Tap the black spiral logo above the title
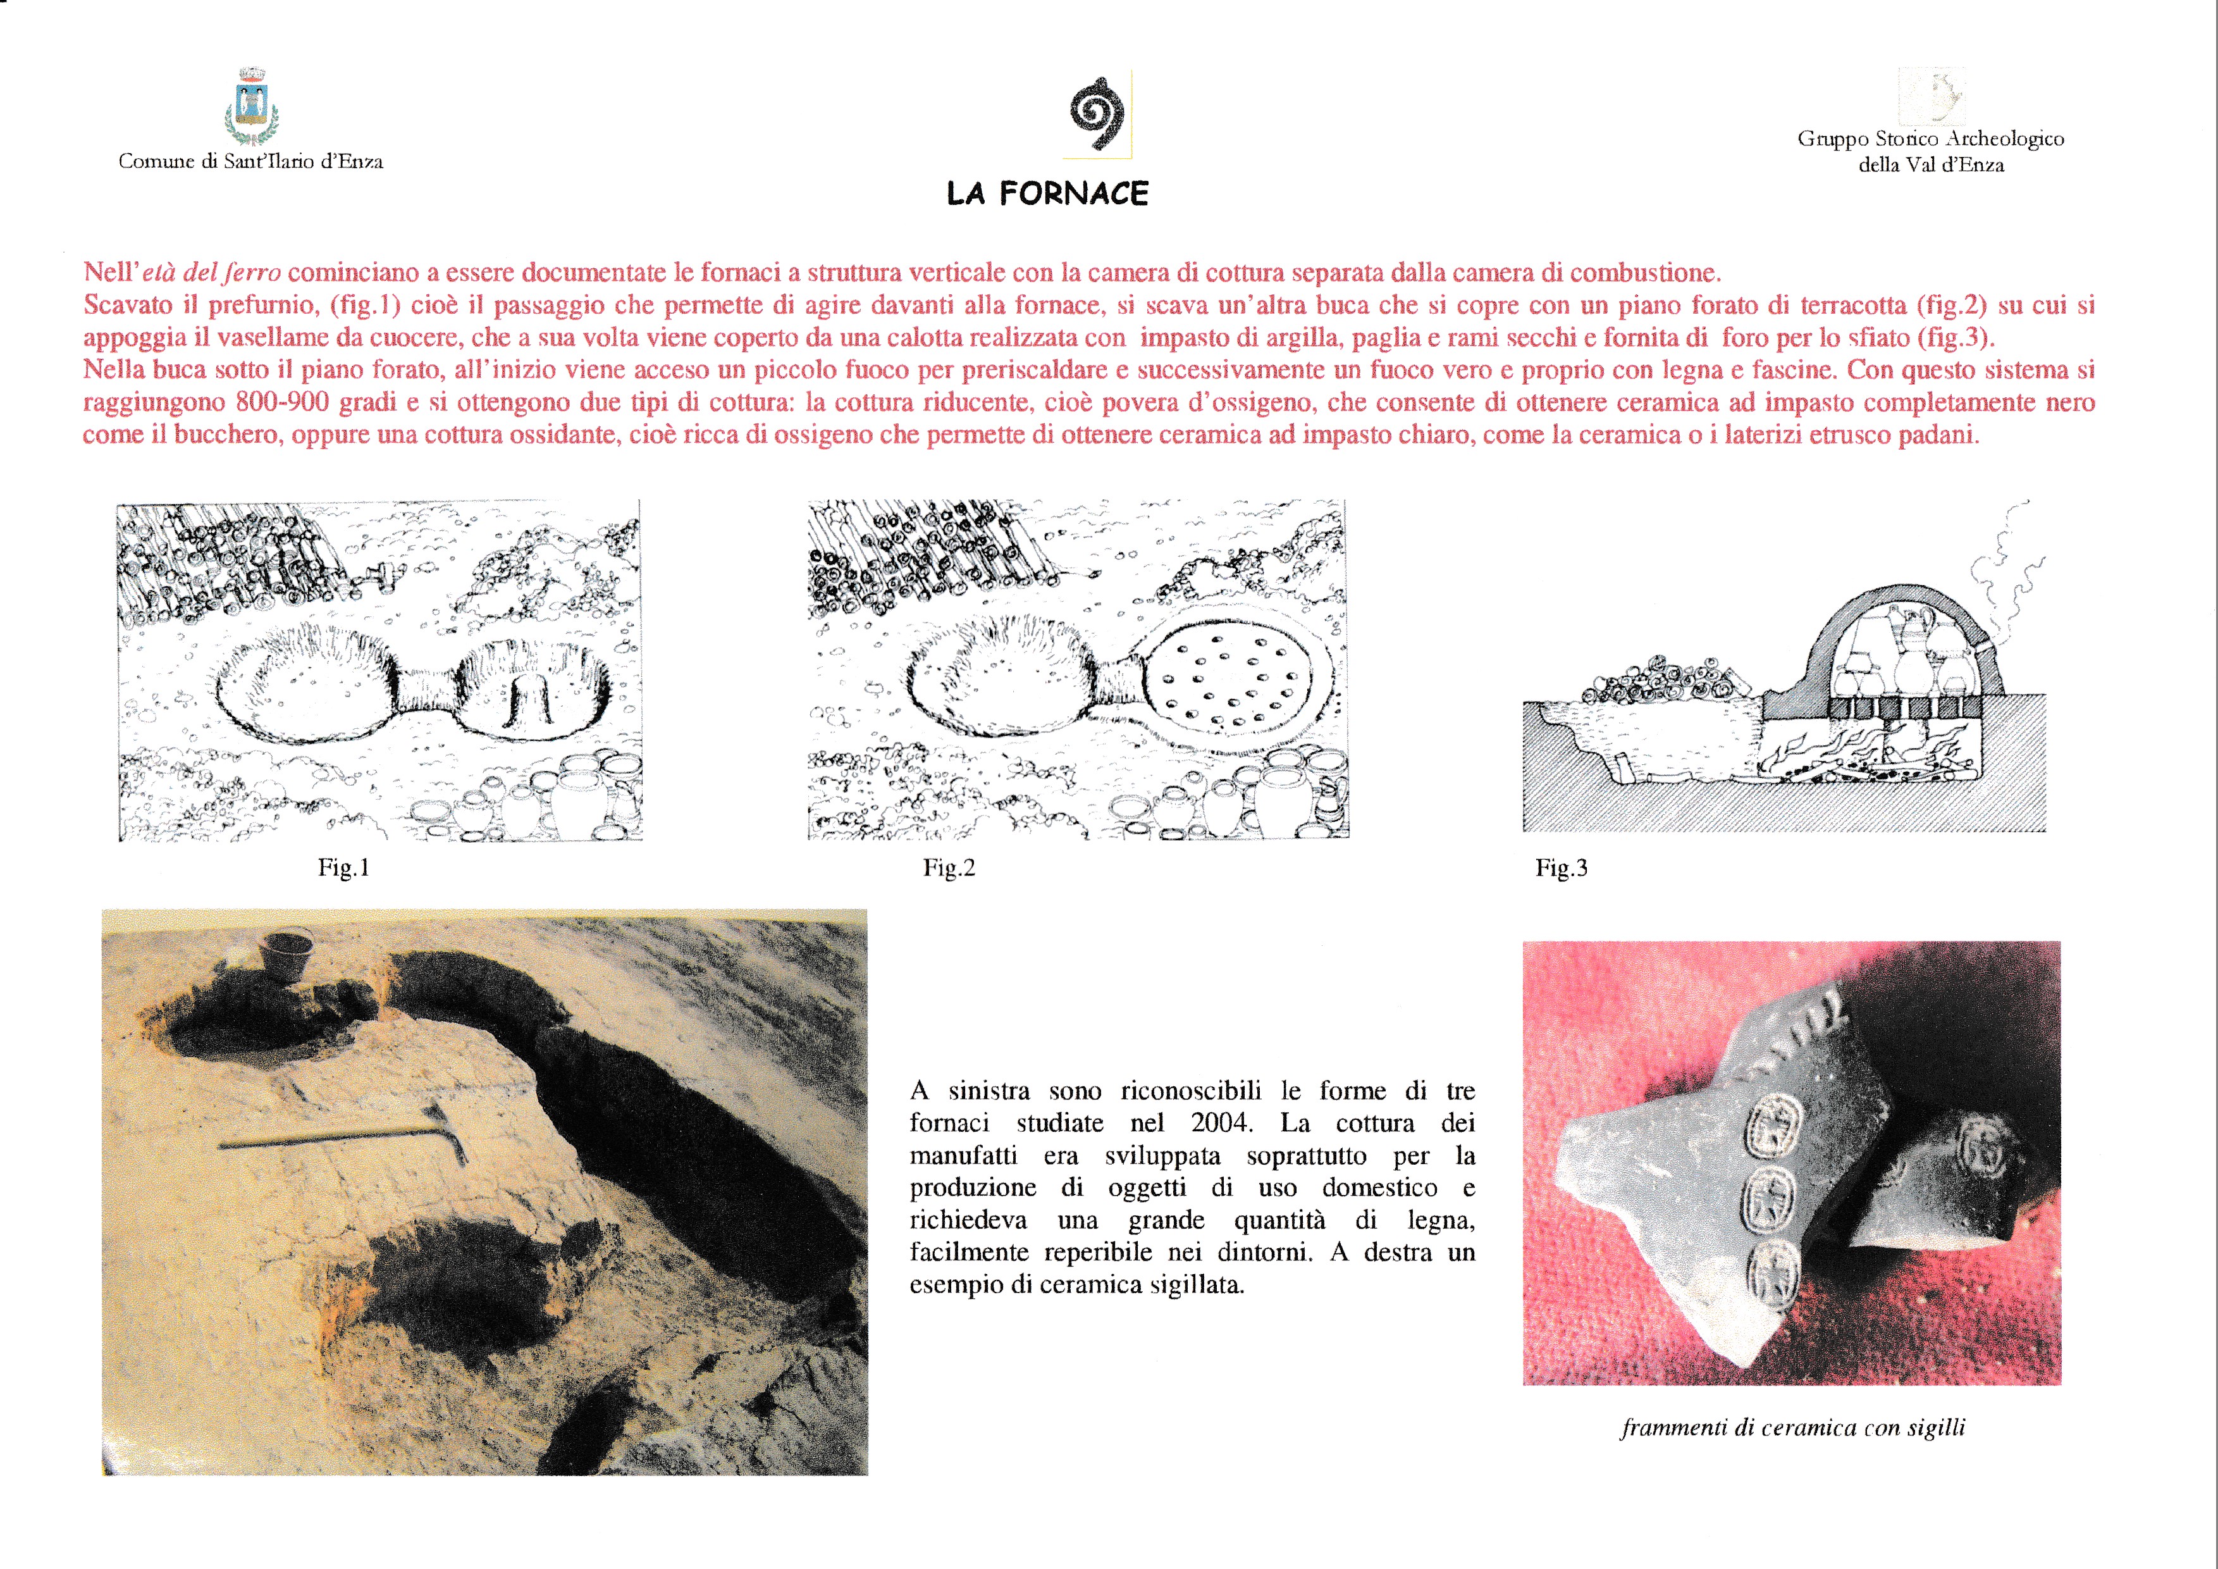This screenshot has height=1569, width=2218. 1097,114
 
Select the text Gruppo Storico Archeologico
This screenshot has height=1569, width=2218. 1930,139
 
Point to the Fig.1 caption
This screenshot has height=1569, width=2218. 344,867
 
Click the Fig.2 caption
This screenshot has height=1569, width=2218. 949,867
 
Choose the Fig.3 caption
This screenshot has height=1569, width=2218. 1561,867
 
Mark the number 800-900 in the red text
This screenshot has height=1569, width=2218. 280,402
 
